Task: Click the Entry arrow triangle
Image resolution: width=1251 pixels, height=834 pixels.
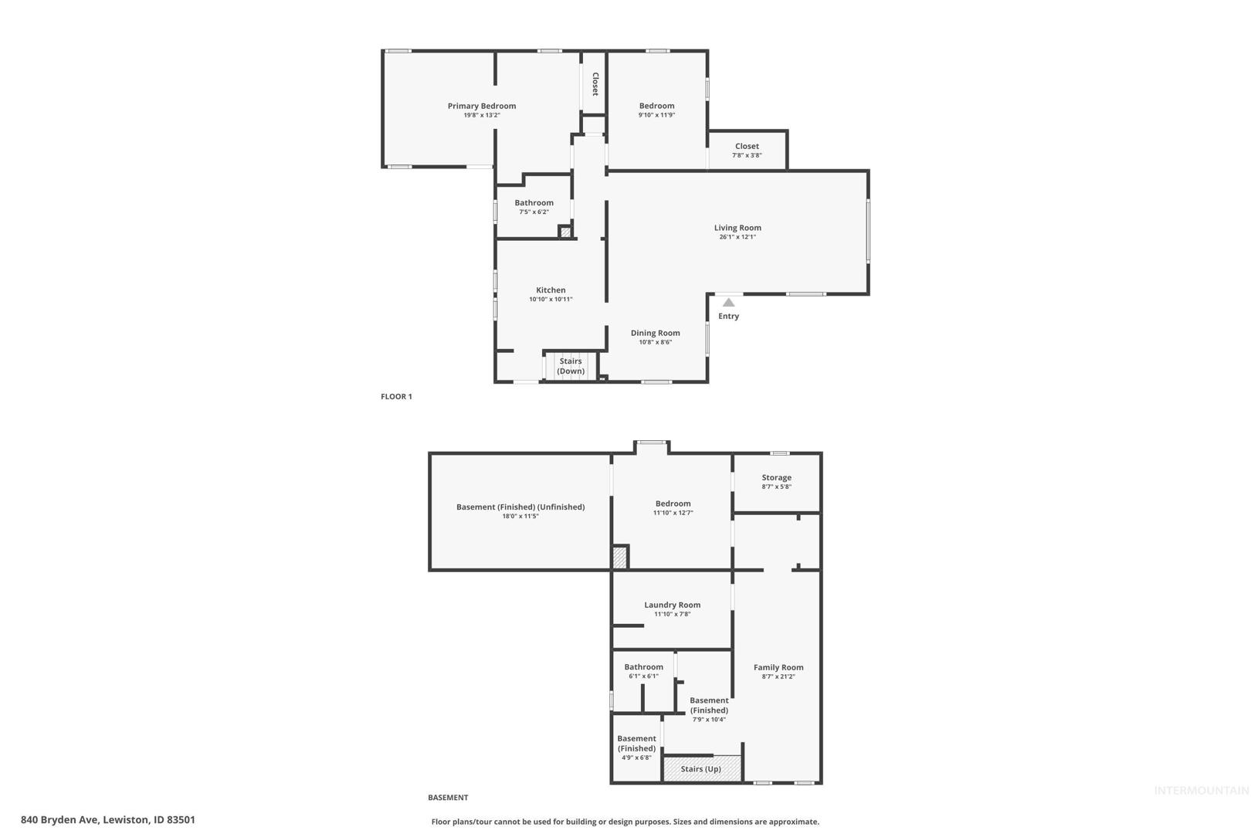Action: coord(728,303)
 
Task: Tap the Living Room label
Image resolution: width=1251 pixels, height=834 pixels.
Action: coord(737,227)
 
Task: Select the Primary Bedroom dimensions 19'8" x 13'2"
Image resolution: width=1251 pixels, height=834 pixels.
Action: coord(481,115)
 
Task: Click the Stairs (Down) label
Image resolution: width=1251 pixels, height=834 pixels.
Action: coord(571,366)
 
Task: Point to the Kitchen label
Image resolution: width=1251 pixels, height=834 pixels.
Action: coord(551,290)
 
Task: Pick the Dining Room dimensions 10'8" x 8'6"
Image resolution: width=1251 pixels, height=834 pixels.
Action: coord(655,342)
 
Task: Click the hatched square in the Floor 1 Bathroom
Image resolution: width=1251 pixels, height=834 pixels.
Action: coord(565,232)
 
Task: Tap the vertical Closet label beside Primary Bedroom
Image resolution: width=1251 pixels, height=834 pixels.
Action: coord(595,84)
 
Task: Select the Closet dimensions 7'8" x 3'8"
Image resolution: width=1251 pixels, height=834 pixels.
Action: coord(747,155)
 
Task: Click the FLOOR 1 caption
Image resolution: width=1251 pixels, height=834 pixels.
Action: coord(396,397)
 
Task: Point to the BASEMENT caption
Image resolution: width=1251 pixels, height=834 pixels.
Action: coord(448,798)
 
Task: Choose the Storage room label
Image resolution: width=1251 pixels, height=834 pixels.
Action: coord(776,477)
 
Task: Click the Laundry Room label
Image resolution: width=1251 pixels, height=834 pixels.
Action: coord(672,605)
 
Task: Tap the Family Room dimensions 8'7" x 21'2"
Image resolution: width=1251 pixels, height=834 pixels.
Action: coord(778,676)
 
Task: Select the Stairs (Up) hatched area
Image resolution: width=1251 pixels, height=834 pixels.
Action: coord(702,768)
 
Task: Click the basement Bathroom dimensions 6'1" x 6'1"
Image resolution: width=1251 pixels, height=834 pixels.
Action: coord(643,676)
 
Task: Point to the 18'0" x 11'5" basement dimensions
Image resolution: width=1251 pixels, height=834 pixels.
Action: coord(520,516)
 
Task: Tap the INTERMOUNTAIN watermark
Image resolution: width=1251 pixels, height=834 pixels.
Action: coord(1202,791)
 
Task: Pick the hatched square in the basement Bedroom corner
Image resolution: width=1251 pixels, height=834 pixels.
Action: coord(619,558)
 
